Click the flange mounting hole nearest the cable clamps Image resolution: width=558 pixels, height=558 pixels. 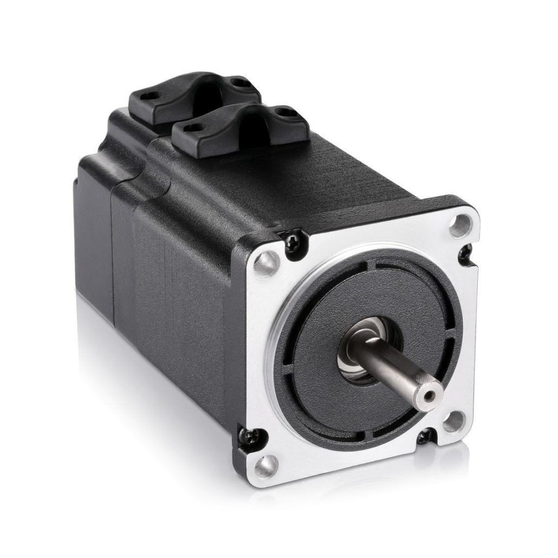267,262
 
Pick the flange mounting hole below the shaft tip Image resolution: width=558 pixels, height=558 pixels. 454,421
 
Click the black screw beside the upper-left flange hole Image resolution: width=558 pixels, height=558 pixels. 294,237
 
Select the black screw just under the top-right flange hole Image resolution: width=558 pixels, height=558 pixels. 465,250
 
